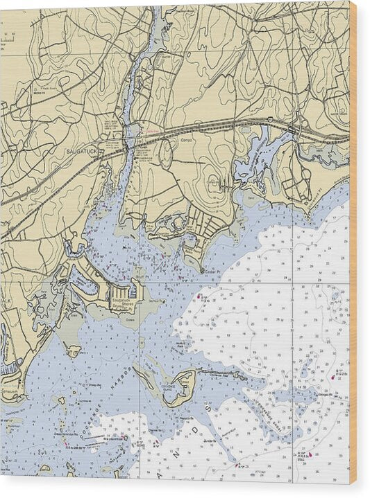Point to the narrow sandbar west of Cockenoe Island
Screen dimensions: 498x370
click(147, 378)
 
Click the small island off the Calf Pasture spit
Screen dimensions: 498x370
click(74, 350)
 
